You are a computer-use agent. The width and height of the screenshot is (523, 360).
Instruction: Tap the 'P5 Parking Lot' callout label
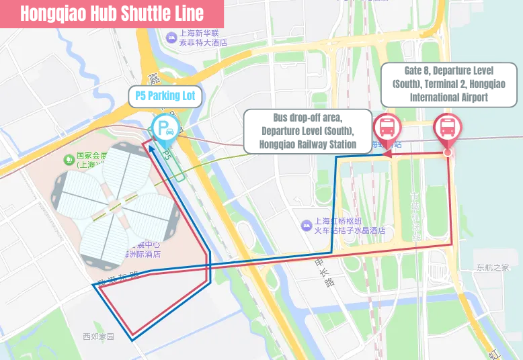tap(165, 95)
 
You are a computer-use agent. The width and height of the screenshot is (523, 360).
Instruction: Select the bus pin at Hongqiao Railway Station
tap(388, 127)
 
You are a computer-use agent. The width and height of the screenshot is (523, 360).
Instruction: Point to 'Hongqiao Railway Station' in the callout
tap(307, 144)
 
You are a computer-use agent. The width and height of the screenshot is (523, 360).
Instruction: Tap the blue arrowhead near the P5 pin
tap(152, 150)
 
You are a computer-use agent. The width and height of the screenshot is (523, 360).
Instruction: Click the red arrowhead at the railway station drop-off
tap(387, 154)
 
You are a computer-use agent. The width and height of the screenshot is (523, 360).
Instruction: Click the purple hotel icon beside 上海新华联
tap(171, 35)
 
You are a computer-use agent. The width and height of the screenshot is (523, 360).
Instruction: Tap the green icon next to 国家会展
tap(68, 159)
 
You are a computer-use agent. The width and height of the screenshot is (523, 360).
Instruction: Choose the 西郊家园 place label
tap(99, 336)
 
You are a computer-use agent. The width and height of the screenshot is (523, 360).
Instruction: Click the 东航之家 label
tap(492, 267)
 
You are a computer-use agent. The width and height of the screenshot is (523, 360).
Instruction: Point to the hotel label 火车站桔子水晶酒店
tap(350, 230)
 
